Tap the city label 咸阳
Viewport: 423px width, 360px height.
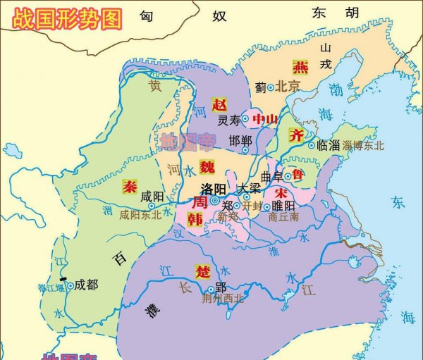[152, 197]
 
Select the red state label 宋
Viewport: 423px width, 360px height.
[281, 192]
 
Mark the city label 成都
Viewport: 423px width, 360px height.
[87, 285]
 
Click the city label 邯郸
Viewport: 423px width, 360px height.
[240, 141]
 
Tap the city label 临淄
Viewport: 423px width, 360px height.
[329, 145]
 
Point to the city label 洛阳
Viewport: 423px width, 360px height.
[213, 189]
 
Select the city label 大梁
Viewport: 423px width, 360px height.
[248, 189]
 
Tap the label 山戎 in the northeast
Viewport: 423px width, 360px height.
[325, 55]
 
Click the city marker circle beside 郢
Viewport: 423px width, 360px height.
[210, 289]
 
